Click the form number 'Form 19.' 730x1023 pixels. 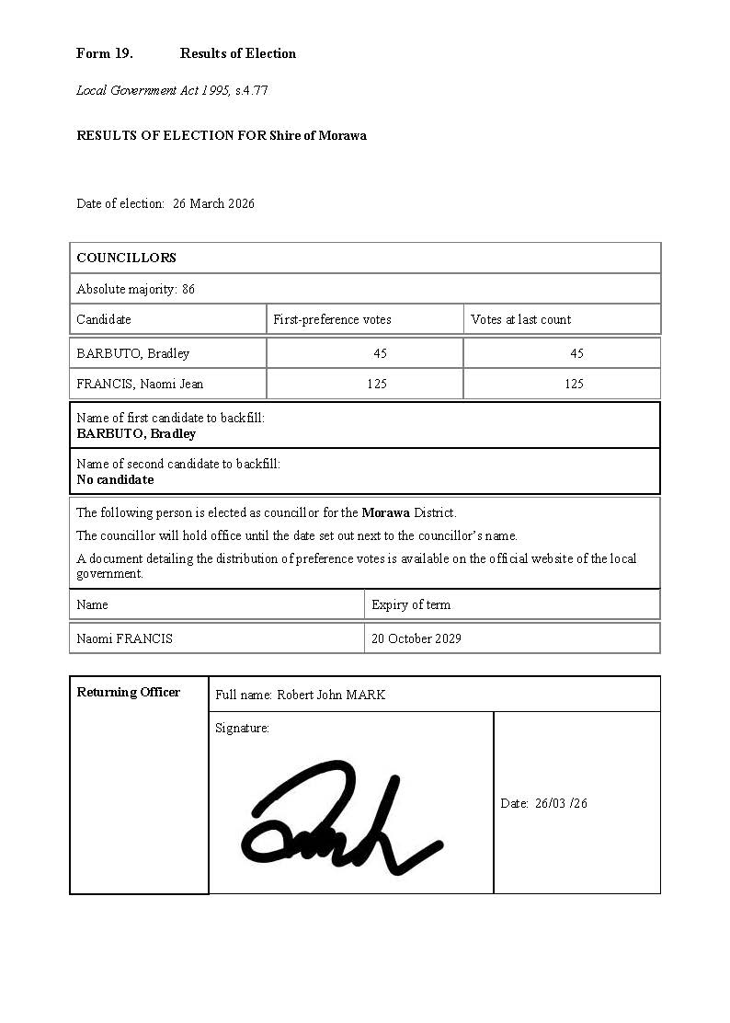click(x=104, y=53)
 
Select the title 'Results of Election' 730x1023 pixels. click(x=238, y=53)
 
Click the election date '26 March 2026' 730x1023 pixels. click(x=213, y=203)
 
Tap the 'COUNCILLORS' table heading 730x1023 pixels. click(x=126, y=258)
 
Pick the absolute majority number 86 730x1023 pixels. click(x=188, y=289)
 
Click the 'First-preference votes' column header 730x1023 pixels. click(x=332, y=319)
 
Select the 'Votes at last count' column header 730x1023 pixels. click(x=520, y=319)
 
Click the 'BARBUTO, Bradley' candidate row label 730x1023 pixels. click(x=132, y=353)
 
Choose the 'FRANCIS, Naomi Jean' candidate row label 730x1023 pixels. click(x=140, y=384)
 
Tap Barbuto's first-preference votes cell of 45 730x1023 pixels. click(x=380, y=353)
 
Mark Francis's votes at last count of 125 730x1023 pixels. click(x=574, y=384)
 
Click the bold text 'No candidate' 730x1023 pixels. click(x=115, y=479)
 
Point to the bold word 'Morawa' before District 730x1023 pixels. click(x=385, y=512)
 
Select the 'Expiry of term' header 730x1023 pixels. click(x=411, y=604)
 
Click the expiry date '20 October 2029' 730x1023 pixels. click(x=416, y=638)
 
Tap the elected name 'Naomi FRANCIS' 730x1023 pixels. click(x=124, y=638)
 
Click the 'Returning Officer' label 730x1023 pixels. click(x=128, y=692)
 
